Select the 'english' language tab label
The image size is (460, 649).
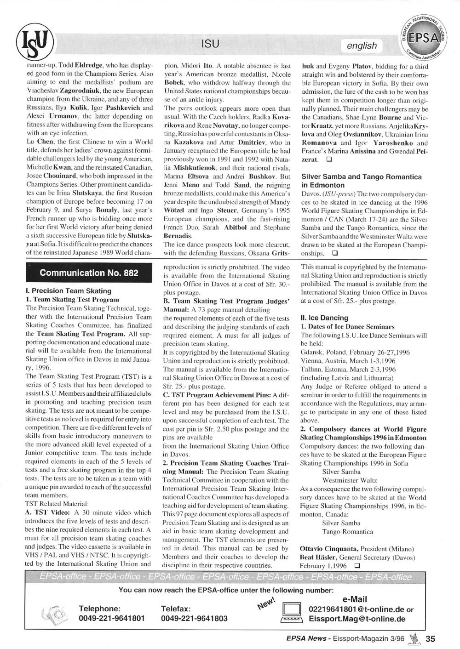tap(362, 46)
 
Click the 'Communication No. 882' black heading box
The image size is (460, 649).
tap(89, 273)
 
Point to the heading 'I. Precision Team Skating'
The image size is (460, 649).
tap(69, 291)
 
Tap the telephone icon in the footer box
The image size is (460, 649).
tap(54, 614)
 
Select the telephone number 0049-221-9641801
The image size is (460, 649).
tap(112, 619)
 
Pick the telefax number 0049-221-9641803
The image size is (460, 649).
tap(194, 619)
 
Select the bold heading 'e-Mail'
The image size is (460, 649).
tap(355, 599)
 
